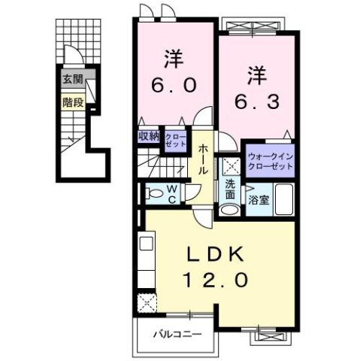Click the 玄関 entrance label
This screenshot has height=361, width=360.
tap(72, 80)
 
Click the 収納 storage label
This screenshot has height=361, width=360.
tap(149, 136)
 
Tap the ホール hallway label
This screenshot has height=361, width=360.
tap(204, 160)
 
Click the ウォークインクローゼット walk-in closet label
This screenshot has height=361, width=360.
tap(268, 161)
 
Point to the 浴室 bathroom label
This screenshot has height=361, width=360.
tap(257, 201)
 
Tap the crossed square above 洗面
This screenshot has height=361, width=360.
tap(229, 164)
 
